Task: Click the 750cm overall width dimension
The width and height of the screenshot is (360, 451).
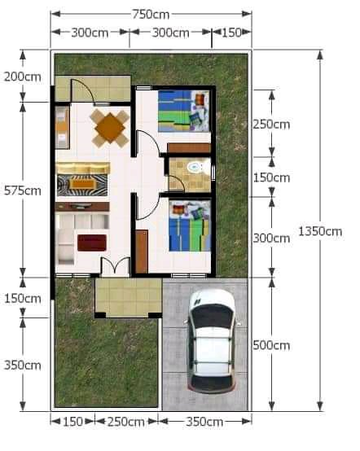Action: (151, 14)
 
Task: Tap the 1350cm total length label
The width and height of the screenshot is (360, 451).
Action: (320, 231)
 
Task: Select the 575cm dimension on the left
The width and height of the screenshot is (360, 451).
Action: (23, 190)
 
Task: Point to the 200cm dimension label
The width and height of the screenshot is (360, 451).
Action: (23, 77)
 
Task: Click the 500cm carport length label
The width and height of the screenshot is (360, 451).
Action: (271, 345)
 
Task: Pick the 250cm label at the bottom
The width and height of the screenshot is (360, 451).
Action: (126, 422)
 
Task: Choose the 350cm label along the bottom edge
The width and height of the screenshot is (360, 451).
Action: (204, 422)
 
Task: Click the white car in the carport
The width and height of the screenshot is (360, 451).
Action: (212, 341)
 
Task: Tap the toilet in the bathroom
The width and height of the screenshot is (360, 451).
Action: (195, 167)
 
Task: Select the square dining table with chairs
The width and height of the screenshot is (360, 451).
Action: (109, 128)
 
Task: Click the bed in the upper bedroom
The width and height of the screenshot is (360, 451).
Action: (183, 112)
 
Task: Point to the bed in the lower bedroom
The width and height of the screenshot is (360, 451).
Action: (190, 226)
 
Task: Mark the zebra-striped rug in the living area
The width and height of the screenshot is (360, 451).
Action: (82, 185)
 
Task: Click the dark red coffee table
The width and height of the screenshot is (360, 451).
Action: (92, 243)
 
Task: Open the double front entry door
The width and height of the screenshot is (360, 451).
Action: (116, 265)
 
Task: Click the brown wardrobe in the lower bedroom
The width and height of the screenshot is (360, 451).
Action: (142, 252)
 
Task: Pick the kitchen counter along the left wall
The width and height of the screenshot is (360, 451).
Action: (63, 128)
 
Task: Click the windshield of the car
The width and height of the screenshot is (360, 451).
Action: (212, 316)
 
